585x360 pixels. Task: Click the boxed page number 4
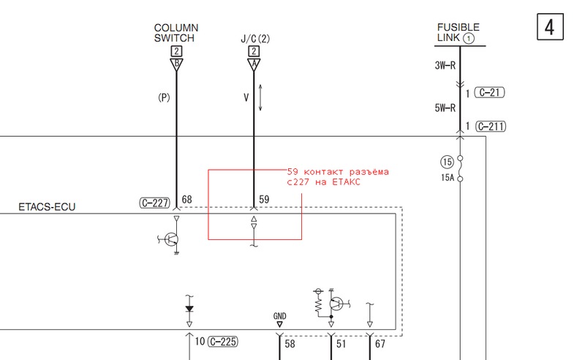point(550,27)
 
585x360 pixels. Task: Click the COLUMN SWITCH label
point(176,33)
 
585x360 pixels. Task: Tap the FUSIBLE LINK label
point(458,32)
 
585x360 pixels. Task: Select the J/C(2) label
point(255,39)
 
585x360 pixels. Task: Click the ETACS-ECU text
point(47,207)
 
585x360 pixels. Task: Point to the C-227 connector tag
point(155,203)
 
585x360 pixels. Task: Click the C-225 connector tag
point(223,341)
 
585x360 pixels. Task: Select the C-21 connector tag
point(489,92)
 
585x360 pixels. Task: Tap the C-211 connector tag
point(491,127)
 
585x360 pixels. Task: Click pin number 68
point(187,200)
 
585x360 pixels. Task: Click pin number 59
point(264,200)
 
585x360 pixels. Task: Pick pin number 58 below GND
point(290,344)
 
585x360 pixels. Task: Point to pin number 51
point(341,344)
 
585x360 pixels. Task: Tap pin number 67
point(380,344)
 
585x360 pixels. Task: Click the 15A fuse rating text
point(448,178)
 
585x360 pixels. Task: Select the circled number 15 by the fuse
point(447,162)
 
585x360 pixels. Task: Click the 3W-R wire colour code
point(445,65)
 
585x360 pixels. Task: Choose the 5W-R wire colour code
point(445,108)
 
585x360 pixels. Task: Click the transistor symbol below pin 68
point(171,239)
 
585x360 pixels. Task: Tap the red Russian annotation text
point(338,177)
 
